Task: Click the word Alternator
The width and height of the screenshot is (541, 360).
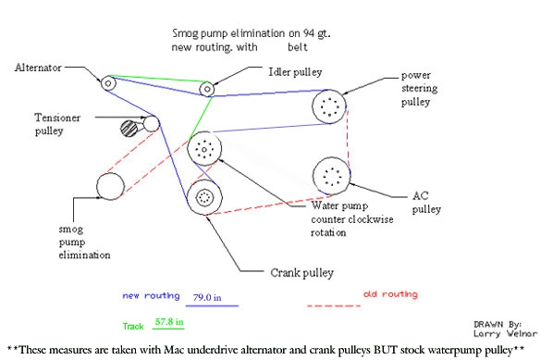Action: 38,68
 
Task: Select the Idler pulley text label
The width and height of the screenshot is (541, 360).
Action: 295,72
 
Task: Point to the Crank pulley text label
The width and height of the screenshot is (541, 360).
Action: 301,273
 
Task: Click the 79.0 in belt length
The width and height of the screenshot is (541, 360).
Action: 207,297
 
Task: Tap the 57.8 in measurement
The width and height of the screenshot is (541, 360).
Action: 169,322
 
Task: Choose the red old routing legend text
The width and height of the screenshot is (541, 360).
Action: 390,294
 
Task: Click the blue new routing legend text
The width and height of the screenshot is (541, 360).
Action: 151,296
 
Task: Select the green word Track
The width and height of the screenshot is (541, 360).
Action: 133,326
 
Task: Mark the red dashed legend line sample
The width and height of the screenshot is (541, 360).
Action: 334,305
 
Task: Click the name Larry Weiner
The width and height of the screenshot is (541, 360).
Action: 506,334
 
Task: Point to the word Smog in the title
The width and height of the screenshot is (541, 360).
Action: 185,34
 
